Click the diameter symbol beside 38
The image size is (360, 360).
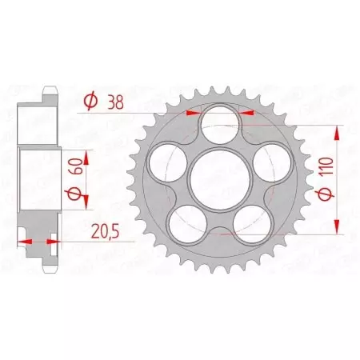[x=90, y=101]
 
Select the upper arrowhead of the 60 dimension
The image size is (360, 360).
[x=80, y=150]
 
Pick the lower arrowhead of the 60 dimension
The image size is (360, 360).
[x=80, y=210]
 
